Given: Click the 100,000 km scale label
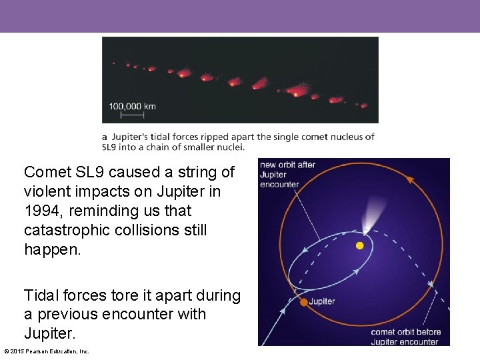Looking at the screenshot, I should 133,106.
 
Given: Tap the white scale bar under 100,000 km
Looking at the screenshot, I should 132,115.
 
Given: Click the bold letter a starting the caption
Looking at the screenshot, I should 105,137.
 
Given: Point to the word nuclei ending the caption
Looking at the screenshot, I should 229,147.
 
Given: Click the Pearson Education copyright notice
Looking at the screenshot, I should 46,351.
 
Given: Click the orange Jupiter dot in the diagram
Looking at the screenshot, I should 303,302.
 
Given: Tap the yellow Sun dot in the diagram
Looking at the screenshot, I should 360,245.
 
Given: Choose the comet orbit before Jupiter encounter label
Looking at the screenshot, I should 405,337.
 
